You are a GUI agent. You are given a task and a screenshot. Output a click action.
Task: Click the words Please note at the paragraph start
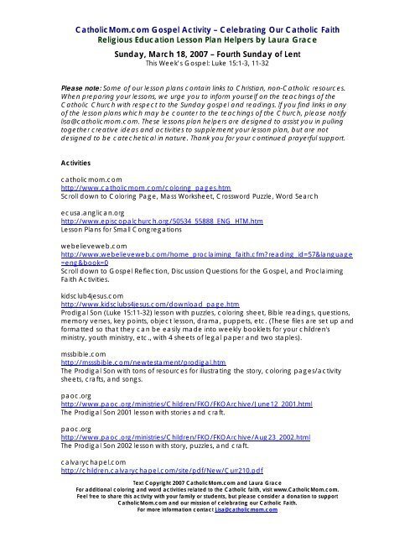point(82,86)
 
